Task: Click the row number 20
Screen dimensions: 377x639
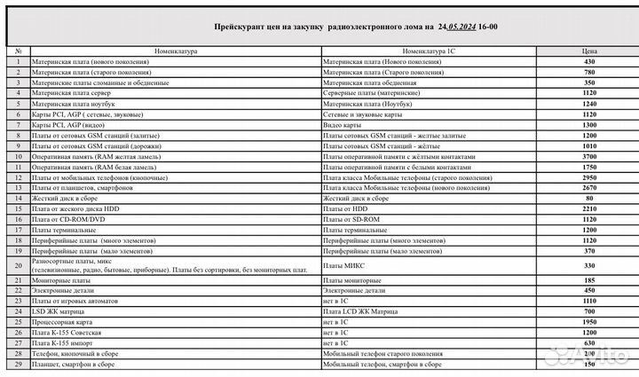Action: point(18,264)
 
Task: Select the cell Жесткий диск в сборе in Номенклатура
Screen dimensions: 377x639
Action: point(63,198)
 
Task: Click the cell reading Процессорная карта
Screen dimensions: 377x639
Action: point(58,323)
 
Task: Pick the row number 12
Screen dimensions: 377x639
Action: point(18,177)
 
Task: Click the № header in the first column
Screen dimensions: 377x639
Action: point(18,52)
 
